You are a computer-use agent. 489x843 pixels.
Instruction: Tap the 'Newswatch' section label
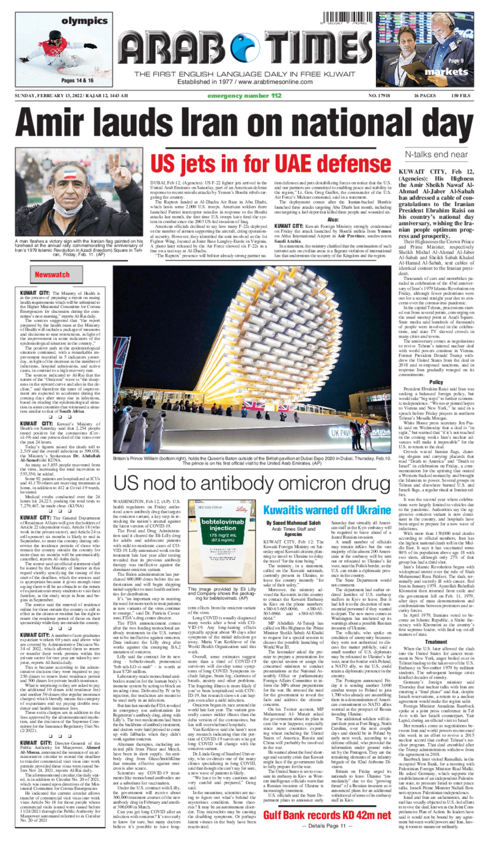(x=52, y=276)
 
